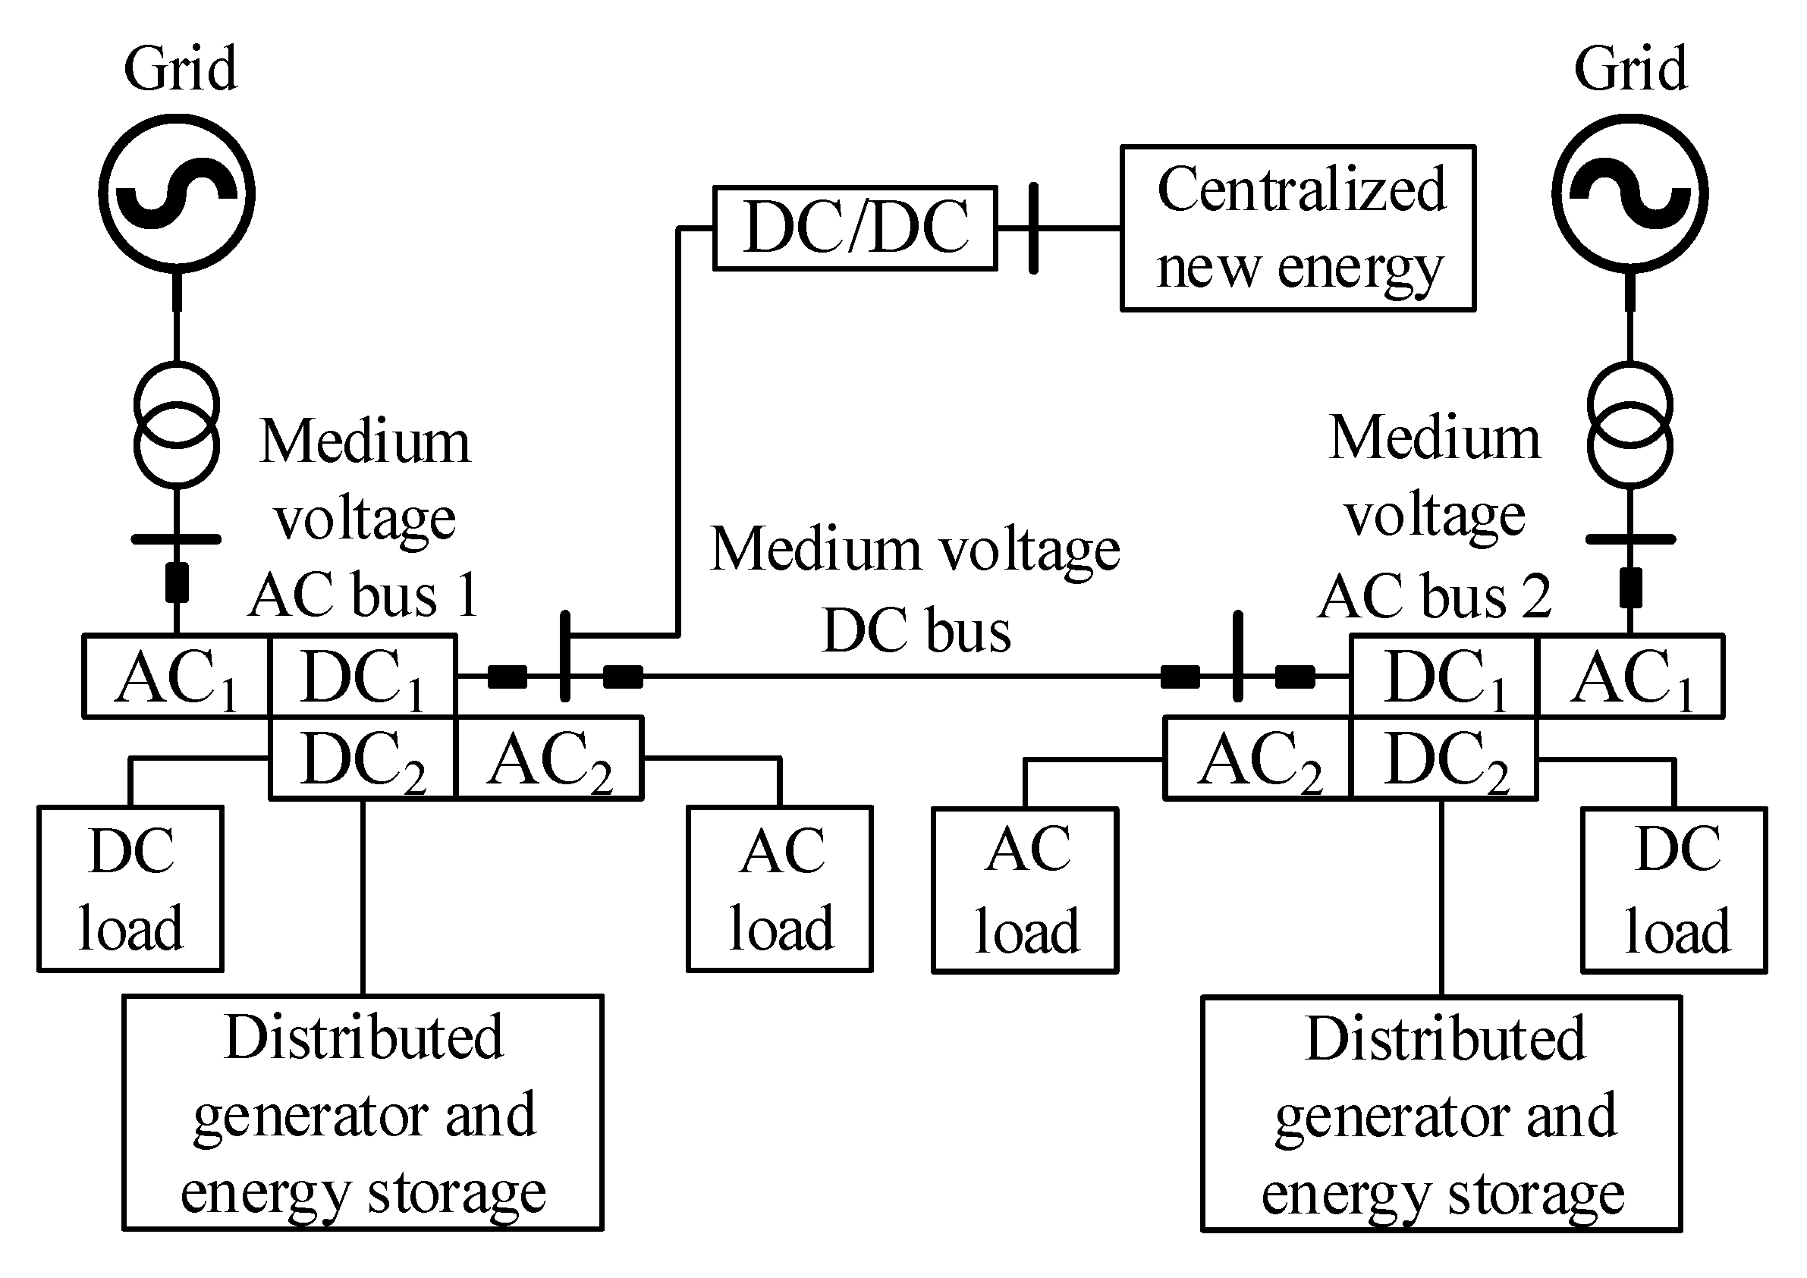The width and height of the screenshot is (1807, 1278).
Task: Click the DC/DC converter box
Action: pyautogui.click(x=855, y=228)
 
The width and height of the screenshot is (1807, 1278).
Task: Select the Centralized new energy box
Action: pyautogui.click(x=1297, y=228)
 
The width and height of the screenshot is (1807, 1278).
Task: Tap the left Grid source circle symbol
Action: pyautogui.click(x=176, y=193)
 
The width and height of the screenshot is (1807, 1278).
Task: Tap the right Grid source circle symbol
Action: pyautogui.click(x=1630, y=193)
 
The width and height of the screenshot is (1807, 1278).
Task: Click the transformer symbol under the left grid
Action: pyautogui.click(x=176, y=425)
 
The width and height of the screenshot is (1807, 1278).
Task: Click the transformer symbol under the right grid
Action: pyautogui.click(x=1630, y=425)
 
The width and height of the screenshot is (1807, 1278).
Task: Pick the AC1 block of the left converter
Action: pyautogui.click(x=176, y=677)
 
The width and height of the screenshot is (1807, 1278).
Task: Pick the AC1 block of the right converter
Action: pyautogui.click(x=1630, y=677)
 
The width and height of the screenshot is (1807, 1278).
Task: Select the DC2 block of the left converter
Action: pyautogui.click(x=362, y=758)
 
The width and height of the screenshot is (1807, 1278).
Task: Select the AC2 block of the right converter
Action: pyautogui.click(x=1258, y=758)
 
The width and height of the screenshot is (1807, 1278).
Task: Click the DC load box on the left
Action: pyautogui.click(x=130, y=888)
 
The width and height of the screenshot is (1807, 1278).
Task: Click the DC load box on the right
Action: pyautogui.click(x=1675, y=890)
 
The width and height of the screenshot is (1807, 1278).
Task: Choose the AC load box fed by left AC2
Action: pyautogui.click(x=780, y=888)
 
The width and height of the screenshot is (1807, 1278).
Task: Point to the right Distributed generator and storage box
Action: pyautogui.click(x=1442, y=1113)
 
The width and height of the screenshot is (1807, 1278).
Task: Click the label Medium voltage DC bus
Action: pyautogui.click(x=916, y=590)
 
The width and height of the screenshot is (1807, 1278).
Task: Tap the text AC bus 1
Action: pyautogui.click(x=363, y=595)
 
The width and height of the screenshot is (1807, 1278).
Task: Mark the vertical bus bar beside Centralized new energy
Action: pyautogui.click(x=1033, y=228)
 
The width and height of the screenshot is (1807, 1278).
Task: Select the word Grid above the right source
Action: pyautogui.click(x=1630, y=69)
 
